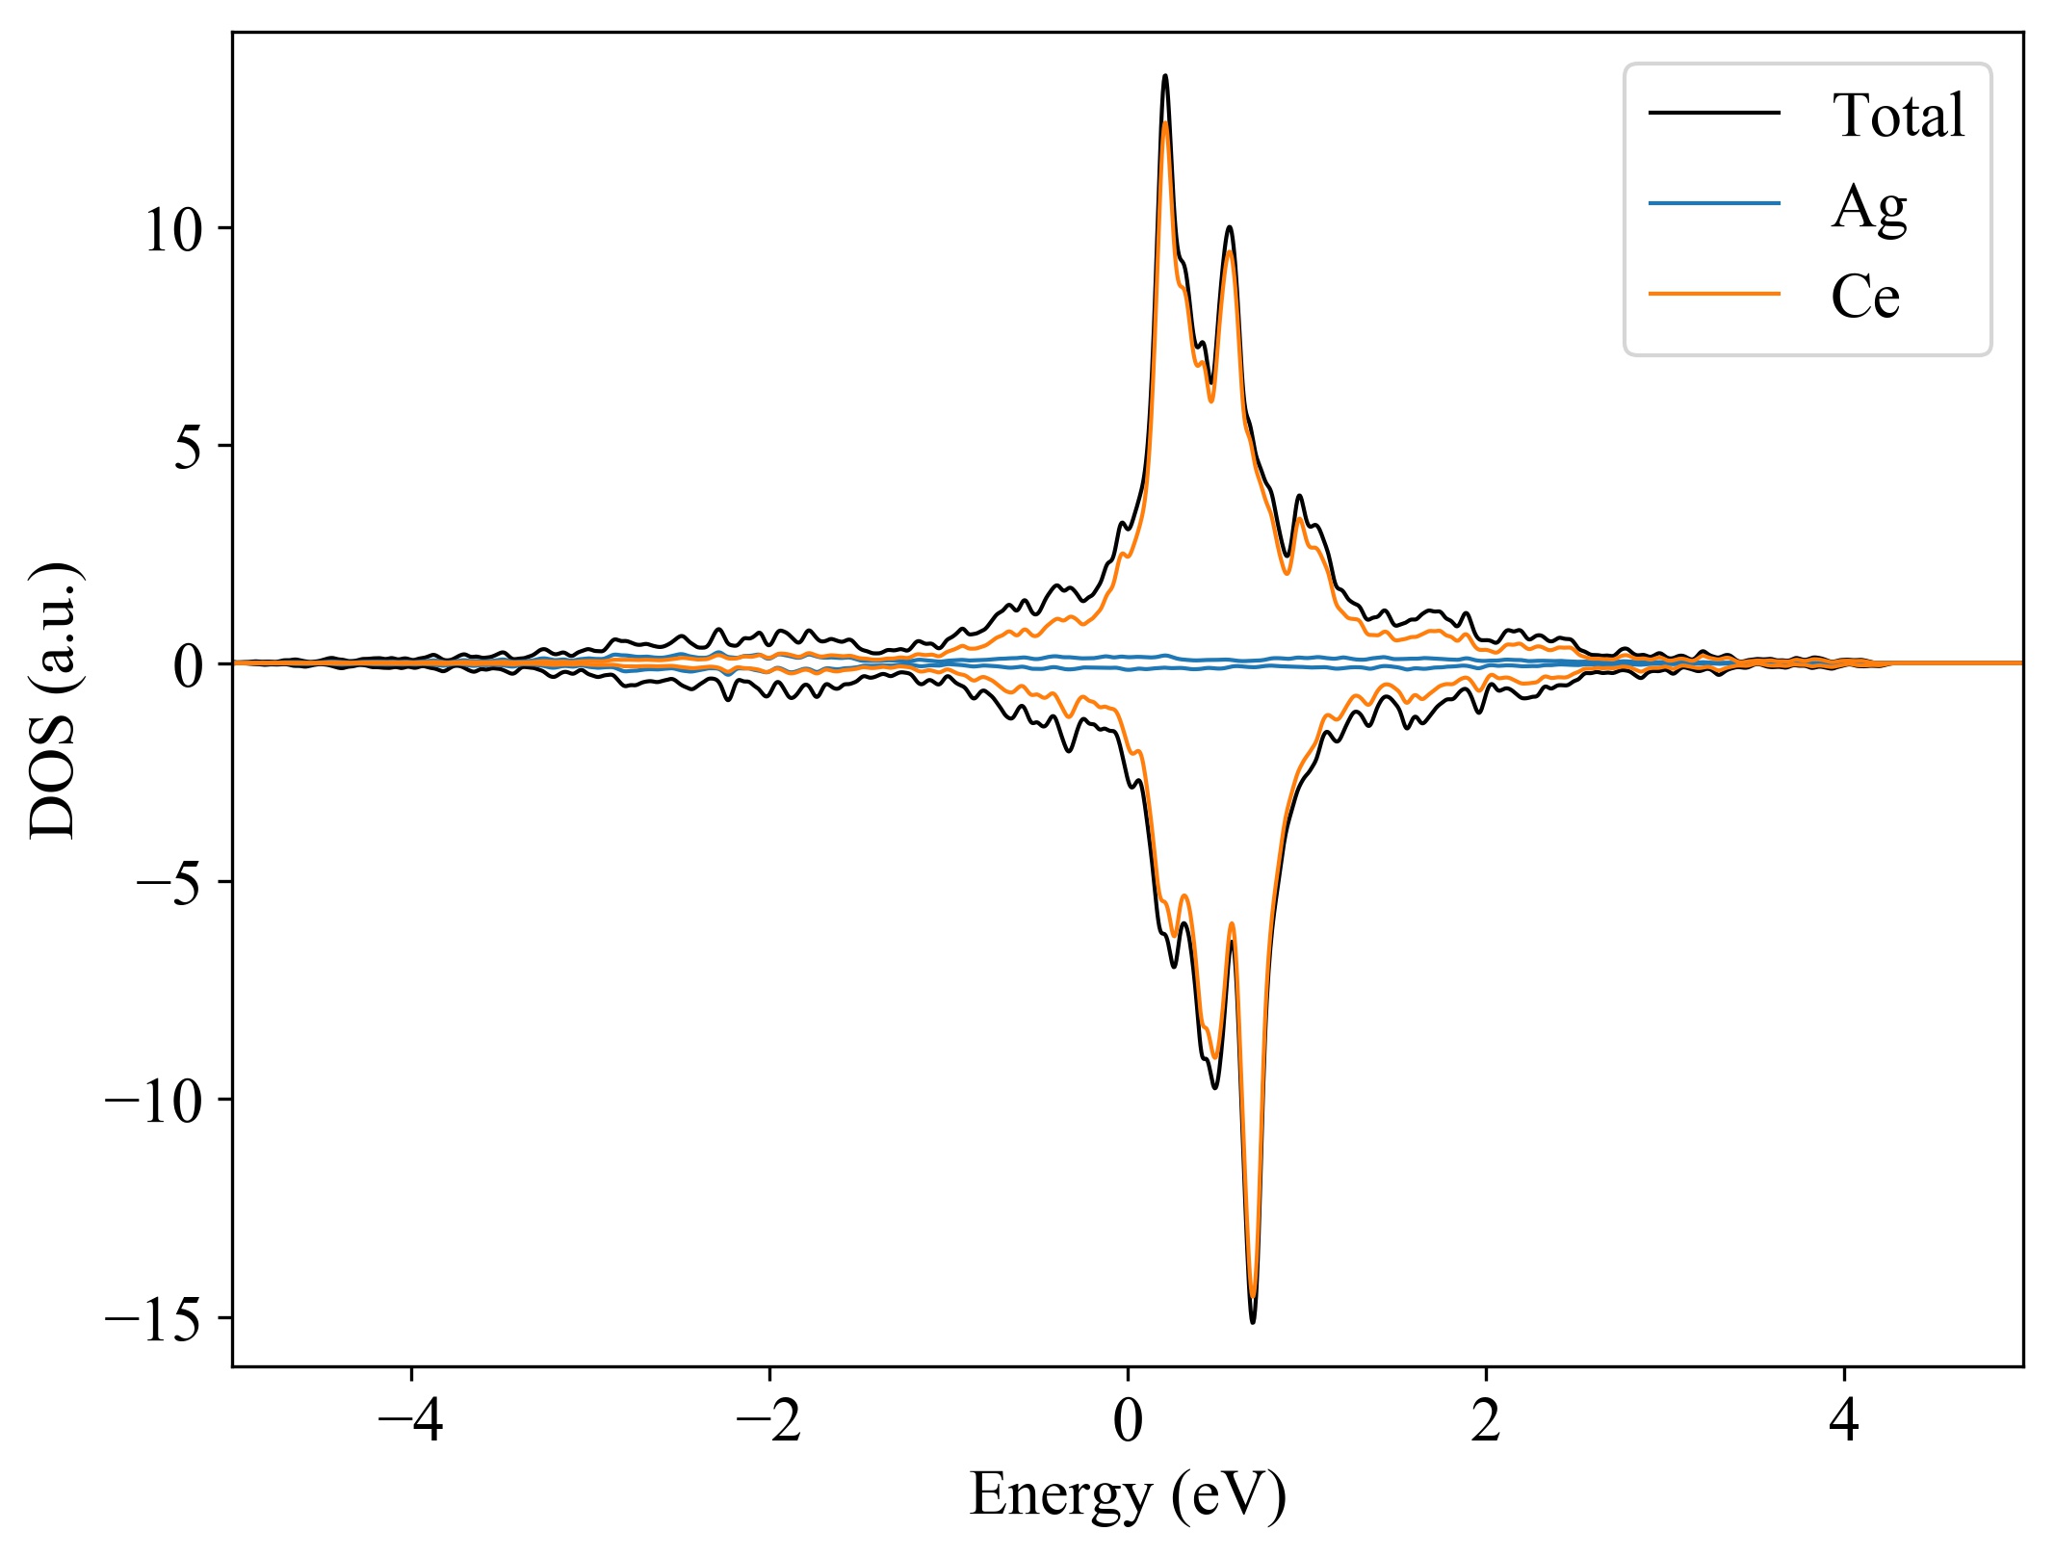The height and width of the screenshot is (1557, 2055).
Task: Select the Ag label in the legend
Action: [1868, 206]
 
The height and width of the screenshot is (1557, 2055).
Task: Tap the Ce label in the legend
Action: [1864, 296]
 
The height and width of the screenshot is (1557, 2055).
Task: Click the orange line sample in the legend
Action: [1714, 293]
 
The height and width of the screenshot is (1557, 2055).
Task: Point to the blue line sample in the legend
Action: [1714, 203]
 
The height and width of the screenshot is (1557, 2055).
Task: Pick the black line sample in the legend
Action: [1714, 113]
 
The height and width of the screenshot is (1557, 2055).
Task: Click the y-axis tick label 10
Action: [174, 230]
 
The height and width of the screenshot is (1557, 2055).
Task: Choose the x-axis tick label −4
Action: [411, 1421]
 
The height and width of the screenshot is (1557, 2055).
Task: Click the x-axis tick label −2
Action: [769, 1421]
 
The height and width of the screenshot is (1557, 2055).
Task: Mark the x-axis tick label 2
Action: [1486, 1421]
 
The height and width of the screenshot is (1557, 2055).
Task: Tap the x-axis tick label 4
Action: [1844, 1421]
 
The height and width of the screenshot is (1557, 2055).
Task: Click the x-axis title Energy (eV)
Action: [1128, 1495]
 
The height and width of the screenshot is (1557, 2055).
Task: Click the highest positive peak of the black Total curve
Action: [1165, 75]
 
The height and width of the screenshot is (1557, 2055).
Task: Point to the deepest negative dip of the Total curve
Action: [1252, 1322]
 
